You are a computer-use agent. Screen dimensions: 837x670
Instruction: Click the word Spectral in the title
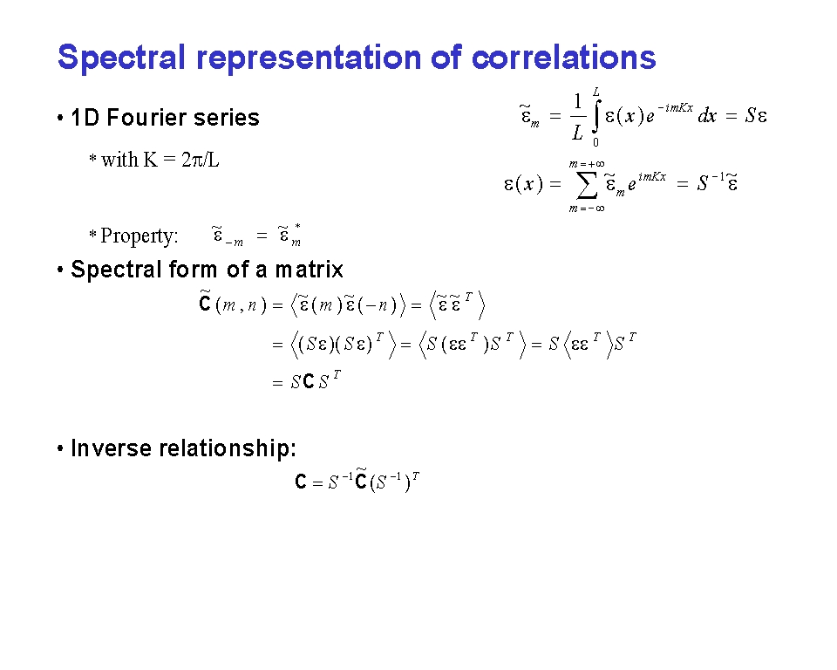pyautogui.click(x=121, y=58)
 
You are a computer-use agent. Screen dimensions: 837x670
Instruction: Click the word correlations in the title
pyautogui.click(x=564, y=58)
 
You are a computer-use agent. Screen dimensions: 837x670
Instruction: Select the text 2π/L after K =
pyautogui.click(x=201, y=160)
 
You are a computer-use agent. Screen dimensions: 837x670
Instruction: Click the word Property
pyautogui.click(x=139, y=236)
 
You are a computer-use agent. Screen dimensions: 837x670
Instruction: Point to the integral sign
pyautogui.click(x=596, y=116)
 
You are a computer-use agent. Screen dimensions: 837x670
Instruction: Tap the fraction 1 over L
pyautogui.click(x=577, y=116)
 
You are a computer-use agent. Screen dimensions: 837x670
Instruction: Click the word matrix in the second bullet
pyautogui.click(x=309, y=270)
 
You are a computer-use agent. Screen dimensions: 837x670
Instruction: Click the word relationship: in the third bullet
pyautogui.click(x=228, y=448)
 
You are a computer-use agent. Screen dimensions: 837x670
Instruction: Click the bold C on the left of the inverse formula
pyautogui.click(x=301, y=482)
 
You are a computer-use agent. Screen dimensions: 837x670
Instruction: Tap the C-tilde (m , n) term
pyautogui.click(x=232, y=304)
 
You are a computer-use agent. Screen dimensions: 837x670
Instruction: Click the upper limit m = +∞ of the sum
pyautogui.click(x=587, y=164)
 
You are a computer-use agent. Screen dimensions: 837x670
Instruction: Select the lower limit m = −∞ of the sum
pyautogui.click(x=587, y=209)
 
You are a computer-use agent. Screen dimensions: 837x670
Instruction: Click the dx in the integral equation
pyautogui.click(x=707, y=115)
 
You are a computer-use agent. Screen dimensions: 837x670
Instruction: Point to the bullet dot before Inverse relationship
pyautogui.click(x=60, y=448)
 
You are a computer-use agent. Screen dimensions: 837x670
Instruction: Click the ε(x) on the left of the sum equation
pyautogui.click(x=523, y=184)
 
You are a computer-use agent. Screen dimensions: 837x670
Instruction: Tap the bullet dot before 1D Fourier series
pyautogui.click(x=60, y=118)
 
